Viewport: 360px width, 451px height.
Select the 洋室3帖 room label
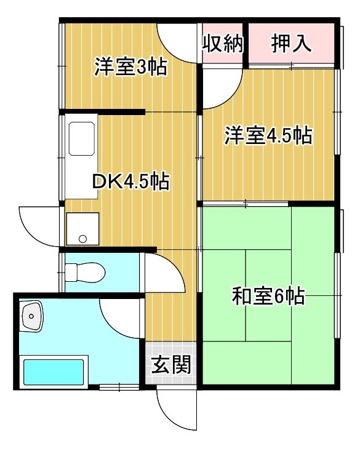pyautogui.click(x=130, y=66)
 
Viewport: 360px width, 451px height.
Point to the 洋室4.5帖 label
pyautogui.click(x=268, y=135)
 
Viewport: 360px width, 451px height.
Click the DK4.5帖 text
pyautogui.click(x=130, y=182)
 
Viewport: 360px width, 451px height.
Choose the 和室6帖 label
pyautogui.click(x=268, y=297)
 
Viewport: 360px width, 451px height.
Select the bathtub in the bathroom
pyautogui.click(x=53, y=372)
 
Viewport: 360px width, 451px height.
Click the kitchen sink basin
pyautogui.click(x=81, y=138)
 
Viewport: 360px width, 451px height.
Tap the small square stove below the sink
pyautogui.click(x=82, y=228)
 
